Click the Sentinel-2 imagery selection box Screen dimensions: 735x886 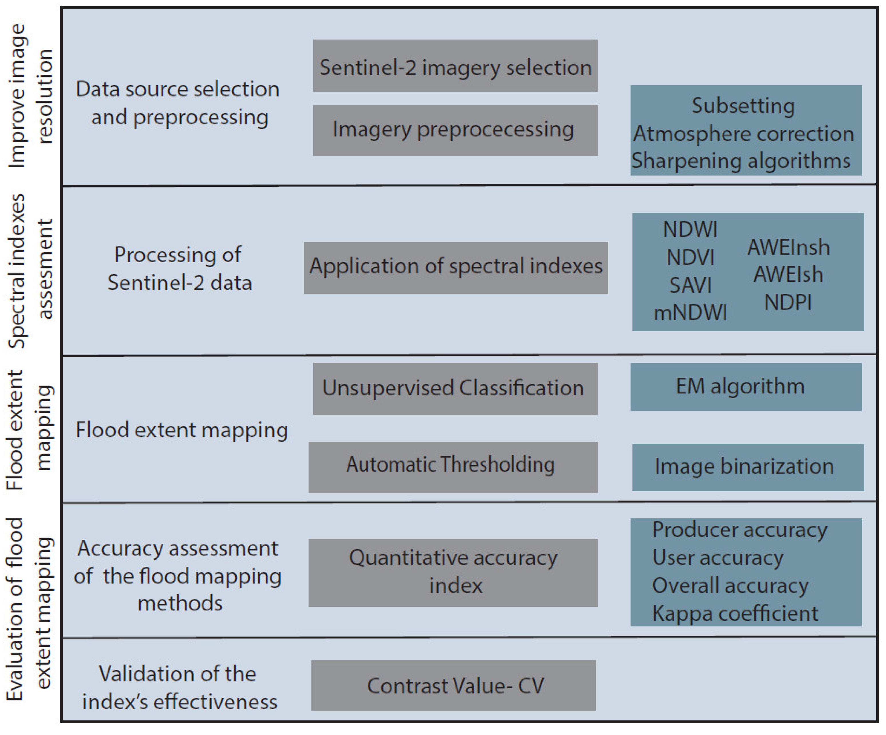coord(455,66)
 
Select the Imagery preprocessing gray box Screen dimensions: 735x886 coord(455,130)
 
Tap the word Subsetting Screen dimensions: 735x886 coord(744,106)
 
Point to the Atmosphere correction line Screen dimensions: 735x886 coord(744,134)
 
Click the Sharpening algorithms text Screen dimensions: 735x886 coord(741,161)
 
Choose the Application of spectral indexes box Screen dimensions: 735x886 coord(456,267)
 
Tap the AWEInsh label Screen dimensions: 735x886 coord(788,247)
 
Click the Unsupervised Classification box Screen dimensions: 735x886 coord(455,388)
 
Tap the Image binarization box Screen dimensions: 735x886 coord(748,467)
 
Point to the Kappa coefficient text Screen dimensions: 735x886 coord(735,613)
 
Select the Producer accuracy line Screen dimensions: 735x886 coord(739,530)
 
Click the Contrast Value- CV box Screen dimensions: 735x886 coord(453,685)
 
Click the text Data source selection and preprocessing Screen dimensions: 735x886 coord(178,103)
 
